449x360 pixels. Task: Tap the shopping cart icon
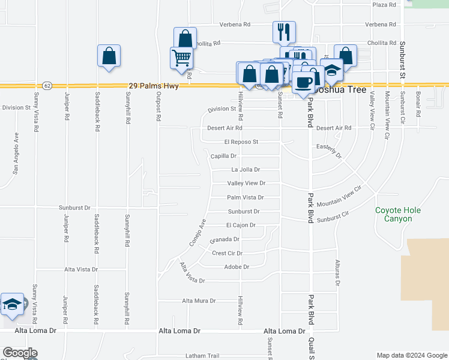181,58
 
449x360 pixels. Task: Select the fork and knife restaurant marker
283,31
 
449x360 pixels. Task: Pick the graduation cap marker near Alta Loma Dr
12,304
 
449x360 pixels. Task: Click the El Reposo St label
241,142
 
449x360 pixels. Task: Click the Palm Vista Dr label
246,197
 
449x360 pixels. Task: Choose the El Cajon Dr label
241,225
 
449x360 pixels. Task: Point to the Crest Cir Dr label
227,253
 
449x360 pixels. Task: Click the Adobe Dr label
237,267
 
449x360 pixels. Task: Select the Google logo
20,353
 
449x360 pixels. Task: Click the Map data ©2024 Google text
411,355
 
